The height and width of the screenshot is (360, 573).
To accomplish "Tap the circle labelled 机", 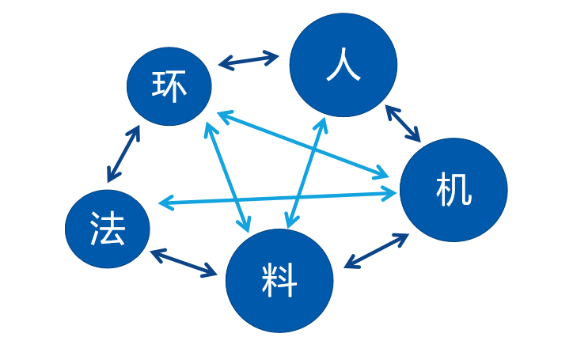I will tap(453, 190).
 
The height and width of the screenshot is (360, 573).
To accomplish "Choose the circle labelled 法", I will tap(107, 229).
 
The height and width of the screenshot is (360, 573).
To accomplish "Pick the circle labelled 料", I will tap(279, 281).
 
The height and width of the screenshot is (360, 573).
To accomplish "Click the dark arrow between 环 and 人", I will tap(249, 60).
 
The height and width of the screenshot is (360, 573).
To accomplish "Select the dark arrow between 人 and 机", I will tap(403, 123).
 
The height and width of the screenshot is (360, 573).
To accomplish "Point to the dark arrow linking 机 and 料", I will tap(377, 250).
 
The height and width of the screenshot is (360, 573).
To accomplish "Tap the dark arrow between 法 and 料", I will tap(184, 263).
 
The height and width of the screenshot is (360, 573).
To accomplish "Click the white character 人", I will tap(343, 66).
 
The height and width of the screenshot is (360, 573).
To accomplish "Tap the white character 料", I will tap(279, 282).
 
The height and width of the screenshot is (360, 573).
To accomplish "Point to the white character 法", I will tap(107, 229).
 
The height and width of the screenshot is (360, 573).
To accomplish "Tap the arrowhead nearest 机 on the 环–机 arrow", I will tap(383, 172).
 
